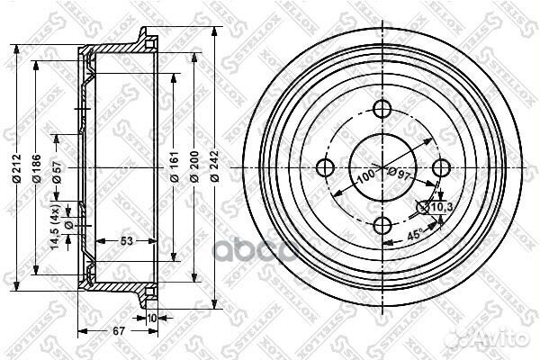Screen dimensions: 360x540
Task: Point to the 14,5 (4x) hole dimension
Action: tap(57, 229)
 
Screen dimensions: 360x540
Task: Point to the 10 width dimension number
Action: tap(151, 319)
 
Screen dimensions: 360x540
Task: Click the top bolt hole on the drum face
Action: tap(383, 111)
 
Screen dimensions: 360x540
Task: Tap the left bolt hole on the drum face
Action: tap(326, 167)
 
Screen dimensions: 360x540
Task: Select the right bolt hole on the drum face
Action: tap(440, 167)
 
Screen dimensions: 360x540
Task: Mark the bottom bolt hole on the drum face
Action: tap(383, 225)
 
